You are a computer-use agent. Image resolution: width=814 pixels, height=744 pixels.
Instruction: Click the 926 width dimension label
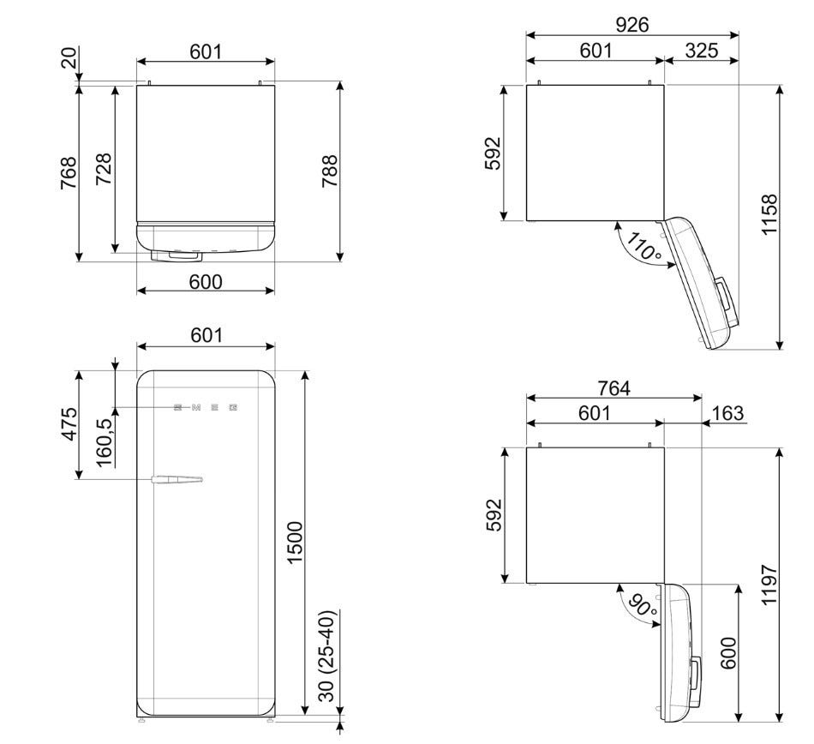coord(631,24)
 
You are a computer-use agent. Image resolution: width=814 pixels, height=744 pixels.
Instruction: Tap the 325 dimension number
coord(702,51)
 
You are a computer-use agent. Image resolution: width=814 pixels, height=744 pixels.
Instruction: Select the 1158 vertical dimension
coord(770,214)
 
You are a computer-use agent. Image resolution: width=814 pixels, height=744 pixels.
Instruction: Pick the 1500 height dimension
coord(295,543)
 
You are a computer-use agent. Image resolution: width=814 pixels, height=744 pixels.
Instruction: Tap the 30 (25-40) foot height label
coord(327,656)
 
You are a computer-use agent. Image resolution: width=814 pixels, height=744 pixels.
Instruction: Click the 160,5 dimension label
coord(104,442)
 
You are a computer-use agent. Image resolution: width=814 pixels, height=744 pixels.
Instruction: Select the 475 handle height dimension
coord(69,424)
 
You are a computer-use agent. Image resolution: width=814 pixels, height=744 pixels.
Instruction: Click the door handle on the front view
coord(177,479)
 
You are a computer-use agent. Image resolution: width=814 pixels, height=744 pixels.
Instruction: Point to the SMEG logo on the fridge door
coord(206,407)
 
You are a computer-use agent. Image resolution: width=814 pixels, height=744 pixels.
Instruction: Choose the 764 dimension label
coord(613,387)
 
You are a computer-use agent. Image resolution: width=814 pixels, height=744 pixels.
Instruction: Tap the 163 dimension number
coord(727,413)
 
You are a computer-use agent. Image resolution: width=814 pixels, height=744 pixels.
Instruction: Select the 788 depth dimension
coord(330,171)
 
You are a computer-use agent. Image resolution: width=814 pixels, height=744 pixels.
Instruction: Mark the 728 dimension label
coord(104,169)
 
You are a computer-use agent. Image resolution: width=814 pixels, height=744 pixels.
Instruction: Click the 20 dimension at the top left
coord(69,57)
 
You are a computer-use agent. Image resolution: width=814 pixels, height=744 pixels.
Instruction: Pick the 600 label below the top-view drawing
coord(206,281)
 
